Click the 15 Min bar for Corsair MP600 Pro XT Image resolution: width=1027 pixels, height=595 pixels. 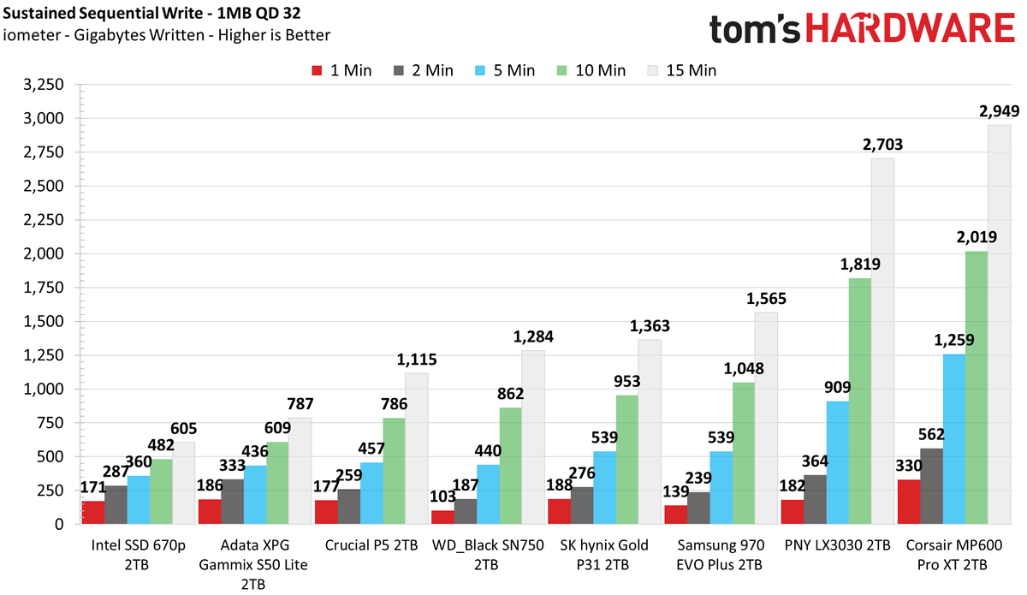coord(999,324)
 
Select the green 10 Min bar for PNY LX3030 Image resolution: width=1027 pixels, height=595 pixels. coord(859,401)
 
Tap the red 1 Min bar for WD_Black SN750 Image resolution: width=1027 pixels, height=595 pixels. coord(442,517)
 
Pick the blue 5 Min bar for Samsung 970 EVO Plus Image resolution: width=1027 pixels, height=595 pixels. coord(721,488)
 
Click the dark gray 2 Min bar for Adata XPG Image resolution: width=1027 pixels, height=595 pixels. coord(233,502)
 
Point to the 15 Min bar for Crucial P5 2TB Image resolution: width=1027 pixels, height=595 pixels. coord(416,449)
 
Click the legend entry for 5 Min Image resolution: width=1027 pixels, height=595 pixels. coord(505,71)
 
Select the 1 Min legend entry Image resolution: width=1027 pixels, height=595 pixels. coord(341,71)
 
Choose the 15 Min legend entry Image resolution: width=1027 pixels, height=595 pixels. coord(682,71)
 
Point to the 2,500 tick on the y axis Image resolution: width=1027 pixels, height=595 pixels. coord(44,187)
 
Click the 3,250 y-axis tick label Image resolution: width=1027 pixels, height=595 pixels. coord(44,85)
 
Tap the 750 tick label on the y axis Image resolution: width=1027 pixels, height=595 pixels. coord(50,423)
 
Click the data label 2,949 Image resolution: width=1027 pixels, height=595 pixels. coord(999,111)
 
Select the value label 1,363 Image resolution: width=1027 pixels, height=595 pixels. coord(650,325)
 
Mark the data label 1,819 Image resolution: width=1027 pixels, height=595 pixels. coord(860,265)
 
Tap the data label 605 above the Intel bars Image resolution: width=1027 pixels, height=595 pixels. coord(183,428)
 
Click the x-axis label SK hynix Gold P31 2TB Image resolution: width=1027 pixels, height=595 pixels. coord(604,555)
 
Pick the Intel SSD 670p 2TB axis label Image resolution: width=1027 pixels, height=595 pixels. coord(138,555)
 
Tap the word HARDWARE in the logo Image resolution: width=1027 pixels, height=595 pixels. coord(910,28)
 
